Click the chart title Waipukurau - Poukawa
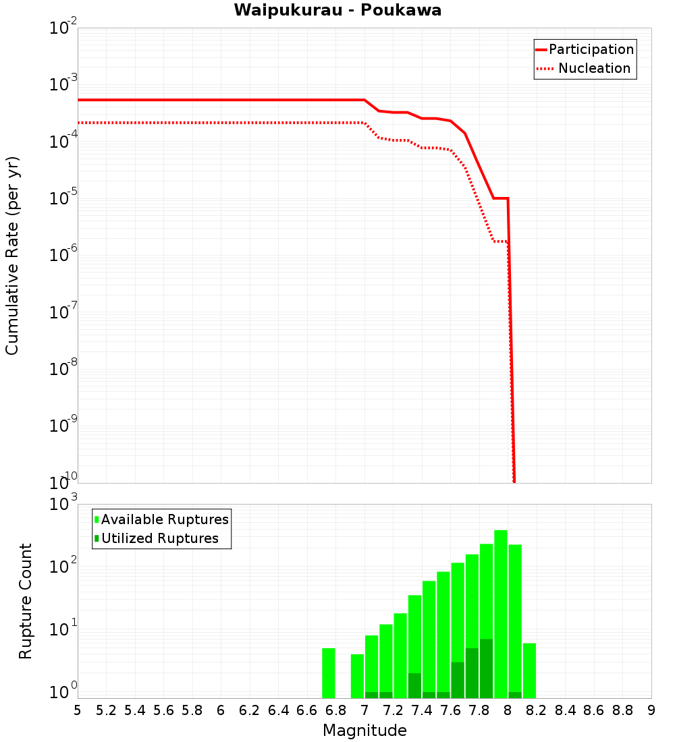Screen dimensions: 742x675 (337, 11)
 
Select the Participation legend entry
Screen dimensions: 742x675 (591, 50)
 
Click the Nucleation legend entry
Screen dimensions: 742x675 (593, 69)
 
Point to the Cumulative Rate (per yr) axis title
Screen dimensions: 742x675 (12, 255)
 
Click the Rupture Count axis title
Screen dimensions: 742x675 (26, 601)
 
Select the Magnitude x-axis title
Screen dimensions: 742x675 (364, 731)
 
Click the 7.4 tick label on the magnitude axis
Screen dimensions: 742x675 (422, 710)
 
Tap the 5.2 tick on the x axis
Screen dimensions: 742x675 (106, 710)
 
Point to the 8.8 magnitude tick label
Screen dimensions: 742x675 (622, 710)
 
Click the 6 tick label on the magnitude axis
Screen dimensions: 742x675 (221, 710)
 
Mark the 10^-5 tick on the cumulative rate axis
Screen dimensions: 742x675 (64, 198)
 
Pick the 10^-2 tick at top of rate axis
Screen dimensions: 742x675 (64, 28)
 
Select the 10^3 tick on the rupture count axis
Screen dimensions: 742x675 (64, 504)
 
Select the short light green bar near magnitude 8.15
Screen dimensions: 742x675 (529, 670)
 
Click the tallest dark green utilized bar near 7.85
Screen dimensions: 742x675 (486, 668)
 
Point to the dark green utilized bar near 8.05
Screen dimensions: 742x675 (515, 695)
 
